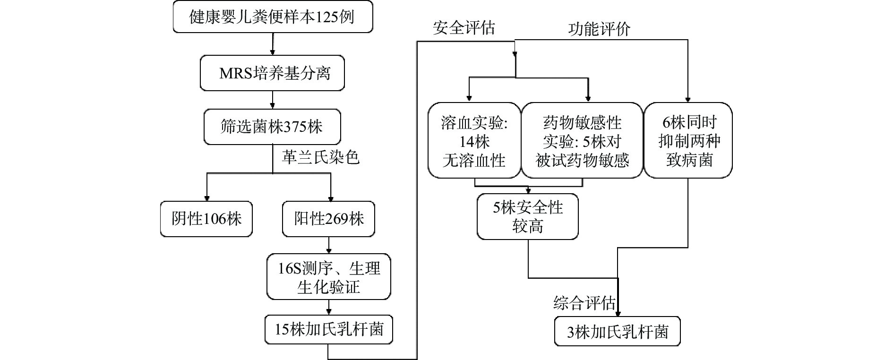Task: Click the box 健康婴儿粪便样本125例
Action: click(272, 17)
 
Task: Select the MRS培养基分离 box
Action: click(272, 73)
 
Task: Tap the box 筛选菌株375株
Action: click(272, 127)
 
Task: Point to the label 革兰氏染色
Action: click(320, 157)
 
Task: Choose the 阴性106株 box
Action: click(206, 219)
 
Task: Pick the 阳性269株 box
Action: click(328, 219)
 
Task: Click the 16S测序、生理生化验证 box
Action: click(328, 277)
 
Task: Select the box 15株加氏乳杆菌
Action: click(328, 329)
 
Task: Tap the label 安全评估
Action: click(464, 28)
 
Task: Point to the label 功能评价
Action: click(599, 29)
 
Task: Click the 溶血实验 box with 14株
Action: click(474, 141)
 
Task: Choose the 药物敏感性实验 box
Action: click(582, 141)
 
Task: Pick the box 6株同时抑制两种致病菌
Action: click(688, 141)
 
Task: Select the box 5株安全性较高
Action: click(527, 216)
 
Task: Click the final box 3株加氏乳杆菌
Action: click(617, 332)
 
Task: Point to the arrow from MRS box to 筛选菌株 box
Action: click(273, 100)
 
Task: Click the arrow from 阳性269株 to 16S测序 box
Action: click(329, 246)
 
